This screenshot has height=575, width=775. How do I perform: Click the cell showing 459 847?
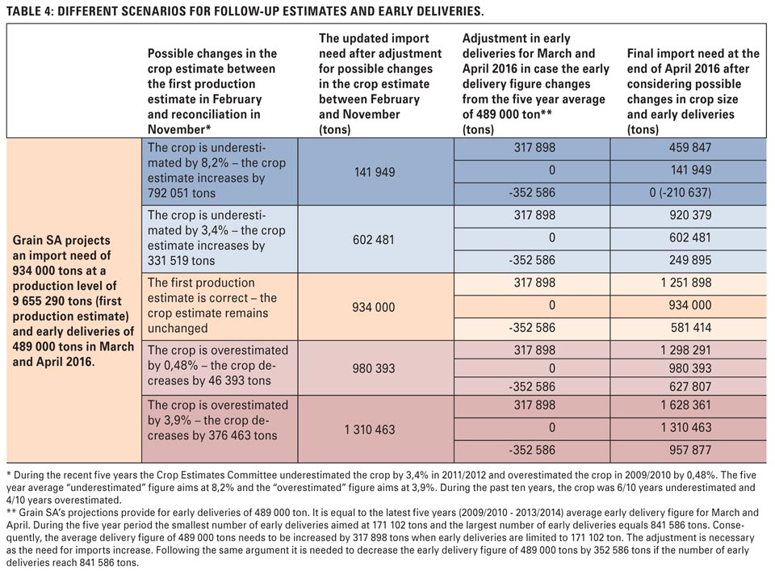(690, 147)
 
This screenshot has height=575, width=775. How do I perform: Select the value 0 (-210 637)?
(681, 192)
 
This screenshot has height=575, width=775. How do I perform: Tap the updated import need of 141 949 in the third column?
(374, 172)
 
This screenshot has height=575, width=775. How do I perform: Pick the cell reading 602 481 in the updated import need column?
(374, 240)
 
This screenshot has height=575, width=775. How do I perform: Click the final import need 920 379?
(690, 215)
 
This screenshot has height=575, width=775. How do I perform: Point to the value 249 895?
(690, 260)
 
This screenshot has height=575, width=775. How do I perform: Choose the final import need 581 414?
(690, 328)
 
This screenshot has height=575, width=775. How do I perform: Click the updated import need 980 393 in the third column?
(374, 368)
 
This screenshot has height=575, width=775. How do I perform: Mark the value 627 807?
(690, 387)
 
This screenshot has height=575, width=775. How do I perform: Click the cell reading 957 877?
(690, 450)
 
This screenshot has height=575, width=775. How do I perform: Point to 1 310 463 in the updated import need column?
(370, 430)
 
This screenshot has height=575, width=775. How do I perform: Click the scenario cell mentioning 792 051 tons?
(216, 170)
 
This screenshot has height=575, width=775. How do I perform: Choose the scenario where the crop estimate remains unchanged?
(212, 305)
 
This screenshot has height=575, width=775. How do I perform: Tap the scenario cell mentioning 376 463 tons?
(218, 420)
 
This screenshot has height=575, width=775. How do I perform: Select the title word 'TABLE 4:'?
(30, 11)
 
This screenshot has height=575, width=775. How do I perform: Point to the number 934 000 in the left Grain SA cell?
(35, 271)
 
